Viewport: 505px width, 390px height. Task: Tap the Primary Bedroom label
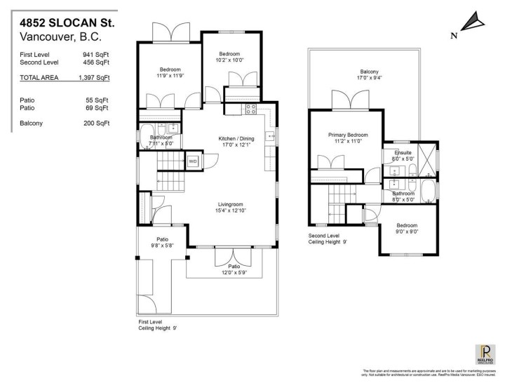[x=346, y=135]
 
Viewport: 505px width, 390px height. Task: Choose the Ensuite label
[x=403, y=152]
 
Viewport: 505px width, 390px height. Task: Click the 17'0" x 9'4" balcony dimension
[x=369, y=79]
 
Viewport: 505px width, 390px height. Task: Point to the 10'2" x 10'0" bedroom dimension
[x=229, y=61]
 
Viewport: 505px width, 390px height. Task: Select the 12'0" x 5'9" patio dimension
[x=232, y=273]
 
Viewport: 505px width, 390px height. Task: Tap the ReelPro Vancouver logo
[x=485, y=354]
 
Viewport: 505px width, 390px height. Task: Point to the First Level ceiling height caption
[x=156, y=325]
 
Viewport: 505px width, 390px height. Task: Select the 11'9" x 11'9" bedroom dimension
[x=170, y=76]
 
